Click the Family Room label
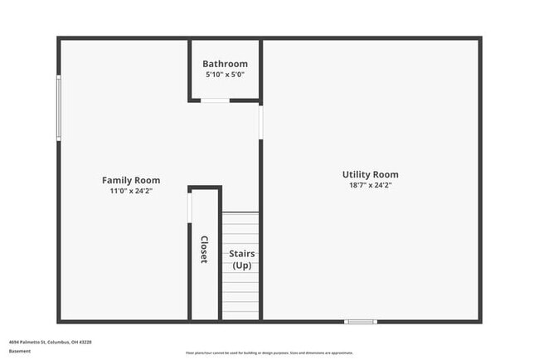click(131, 180)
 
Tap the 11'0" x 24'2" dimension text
click(131, 191)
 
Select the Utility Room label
click(370, 174)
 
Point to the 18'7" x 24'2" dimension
click(370, 186)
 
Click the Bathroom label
click(225, 64)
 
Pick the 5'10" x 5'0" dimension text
click(225, 75)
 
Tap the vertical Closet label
click(204, 250)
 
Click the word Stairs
click(241, 254)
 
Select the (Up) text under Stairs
click(241, 265)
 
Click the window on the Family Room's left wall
click(58, 108)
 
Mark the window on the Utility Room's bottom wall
click(361, 321)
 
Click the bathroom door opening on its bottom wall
click(216, 100)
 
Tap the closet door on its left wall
click(190, 207)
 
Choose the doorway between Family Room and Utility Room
click(260, 122)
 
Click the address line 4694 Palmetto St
click(50, 341)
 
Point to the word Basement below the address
click(20, 351)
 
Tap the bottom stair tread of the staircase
click(240, 316)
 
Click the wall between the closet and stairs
click(220, 257)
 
